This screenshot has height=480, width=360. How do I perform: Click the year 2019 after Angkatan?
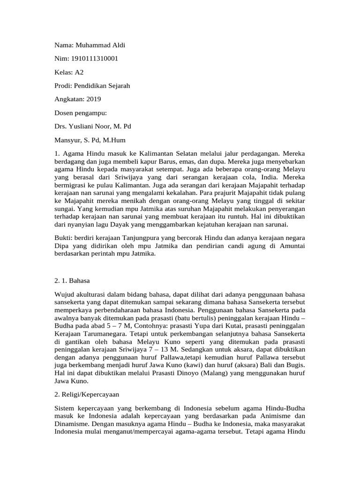[x=93, y=99]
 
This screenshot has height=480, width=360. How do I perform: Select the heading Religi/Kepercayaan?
[x=89, y=395]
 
